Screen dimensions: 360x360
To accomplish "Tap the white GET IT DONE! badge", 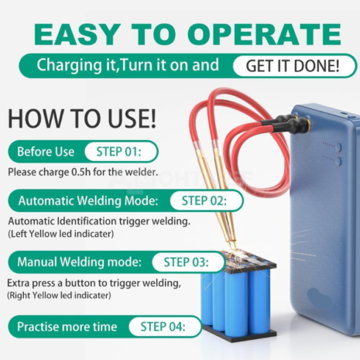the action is click(293, 66).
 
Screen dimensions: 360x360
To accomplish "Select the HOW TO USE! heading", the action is click(82, 118).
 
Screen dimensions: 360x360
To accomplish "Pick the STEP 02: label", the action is click(204, 201).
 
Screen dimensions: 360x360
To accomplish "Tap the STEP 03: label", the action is click(186, 262).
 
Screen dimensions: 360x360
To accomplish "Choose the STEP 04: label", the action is click(163, 327).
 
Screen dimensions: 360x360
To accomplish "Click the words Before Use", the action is click(46, 152).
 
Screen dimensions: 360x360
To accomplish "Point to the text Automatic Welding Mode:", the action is click(88, 201).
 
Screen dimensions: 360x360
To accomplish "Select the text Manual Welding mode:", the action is click(80, 262).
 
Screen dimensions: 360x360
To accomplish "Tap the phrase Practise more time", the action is click(67, 327).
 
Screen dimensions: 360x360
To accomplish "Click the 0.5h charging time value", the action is click(81, 172).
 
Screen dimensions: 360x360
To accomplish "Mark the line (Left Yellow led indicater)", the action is click(61, 234).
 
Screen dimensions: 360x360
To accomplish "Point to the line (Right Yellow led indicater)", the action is click(59, 296).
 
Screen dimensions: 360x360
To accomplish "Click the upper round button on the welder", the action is click(338, 147).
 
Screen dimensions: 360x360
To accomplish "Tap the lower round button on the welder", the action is click(338, 161).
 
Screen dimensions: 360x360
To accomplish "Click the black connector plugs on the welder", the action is click(286, 124).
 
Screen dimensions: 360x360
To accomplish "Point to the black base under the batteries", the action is click(238, 334).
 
